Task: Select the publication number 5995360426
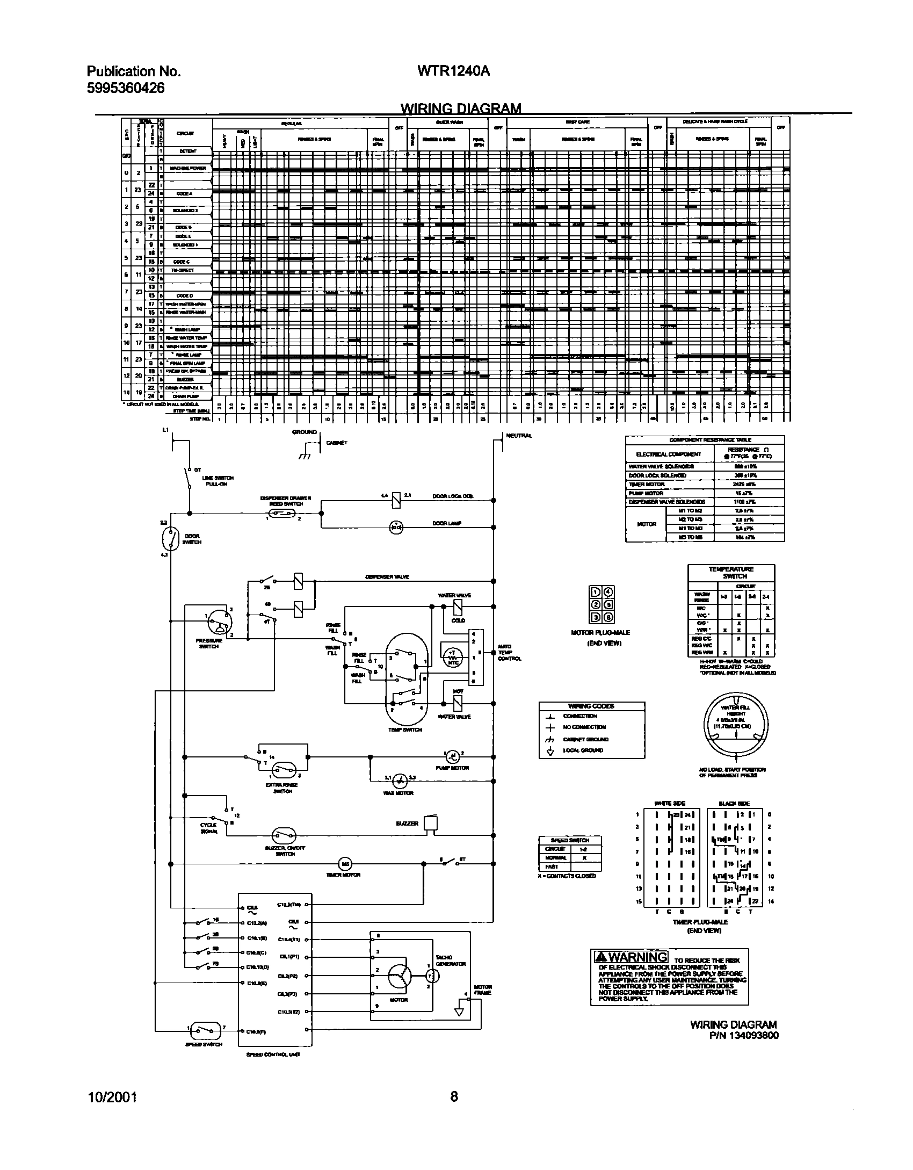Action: (x=126, y=88)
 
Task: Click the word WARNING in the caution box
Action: (x=638, y=957)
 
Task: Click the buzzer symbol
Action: (x=430, y=823)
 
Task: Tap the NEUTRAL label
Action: (x=519, y=436)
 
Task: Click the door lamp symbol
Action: (x=396, y=528)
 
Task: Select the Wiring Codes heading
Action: (x=591, y=706)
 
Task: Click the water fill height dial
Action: (x=736, y=727)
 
